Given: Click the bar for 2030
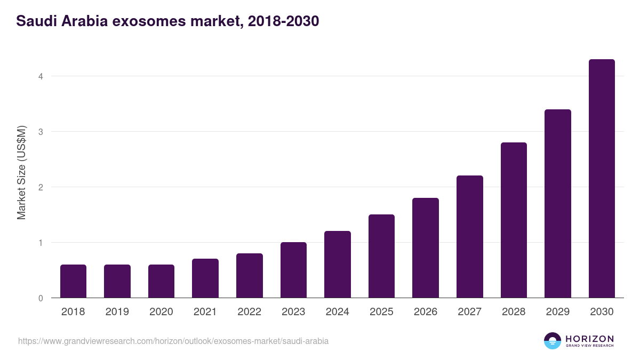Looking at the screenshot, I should pos(602,179).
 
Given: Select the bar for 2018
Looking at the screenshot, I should pos(73,281).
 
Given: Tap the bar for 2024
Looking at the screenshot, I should pos(338,265).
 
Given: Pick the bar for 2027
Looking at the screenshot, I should pos(470,237).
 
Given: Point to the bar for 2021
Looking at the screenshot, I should pos(205,278).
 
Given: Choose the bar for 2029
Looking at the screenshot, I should pos(557,204).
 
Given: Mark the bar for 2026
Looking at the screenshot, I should pos(426,248).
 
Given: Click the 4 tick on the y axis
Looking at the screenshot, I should pos(40,76).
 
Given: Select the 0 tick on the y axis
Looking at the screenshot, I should pos(40,298).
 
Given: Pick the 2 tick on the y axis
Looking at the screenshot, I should pos(40,187).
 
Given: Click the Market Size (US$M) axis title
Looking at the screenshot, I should pos(21,173).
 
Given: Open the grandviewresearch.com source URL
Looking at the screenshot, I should pos(173,341).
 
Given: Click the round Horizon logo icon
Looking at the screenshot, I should pos(553,341).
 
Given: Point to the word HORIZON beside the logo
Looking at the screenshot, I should pos(589,338).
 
